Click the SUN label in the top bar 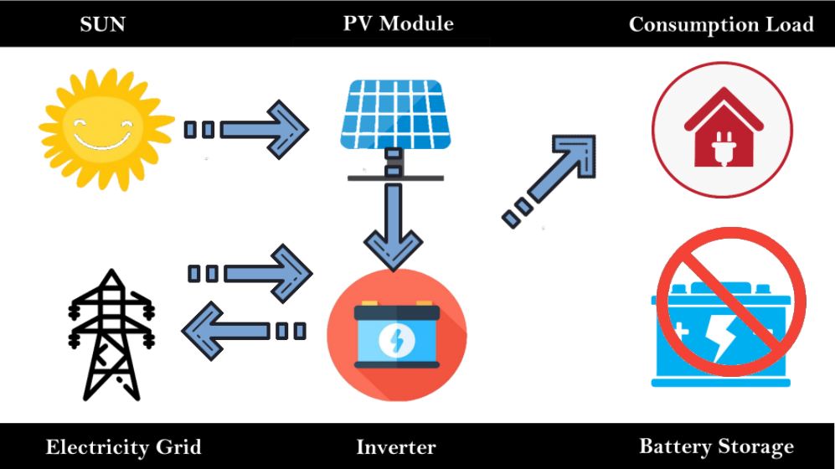tap(103, 24)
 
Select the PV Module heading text tap(398, 23)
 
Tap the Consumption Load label tap(721, 24)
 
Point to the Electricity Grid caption tap(123, 446)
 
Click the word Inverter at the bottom tap(396, 447)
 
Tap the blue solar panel tap(394, 112)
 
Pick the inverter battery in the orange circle tap(396, 336)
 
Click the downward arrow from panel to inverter tap(394, 222)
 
